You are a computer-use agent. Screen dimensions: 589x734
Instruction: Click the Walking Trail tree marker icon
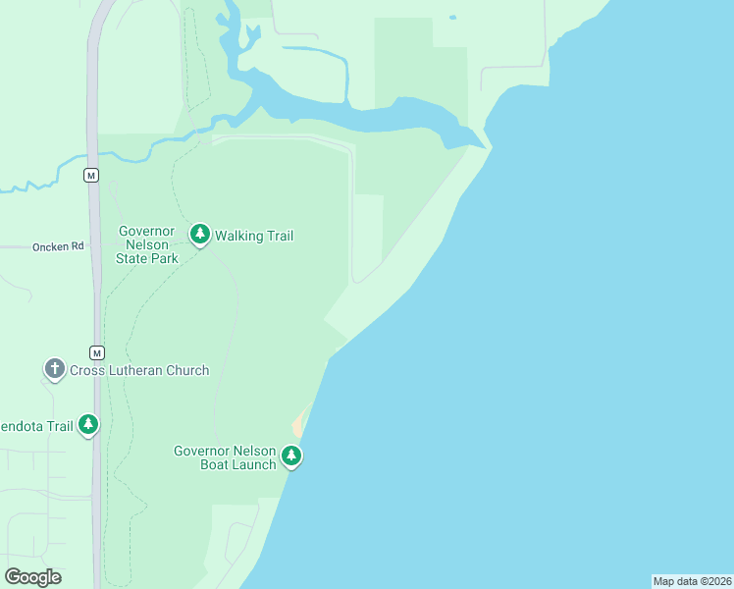pyautogui.click(x=201, y=234)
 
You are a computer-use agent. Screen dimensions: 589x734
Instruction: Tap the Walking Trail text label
pyautogui.click(x=254, y=236)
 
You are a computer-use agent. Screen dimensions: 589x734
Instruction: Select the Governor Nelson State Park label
pyautogui.click(x=147, y=244)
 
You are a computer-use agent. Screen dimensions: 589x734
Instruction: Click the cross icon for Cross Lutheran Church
pyautogui.click(x=54, y=369)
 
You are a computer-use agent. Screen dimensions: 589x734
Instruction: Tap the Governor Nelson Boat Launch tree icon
pyautogui.click(x=290, y=455)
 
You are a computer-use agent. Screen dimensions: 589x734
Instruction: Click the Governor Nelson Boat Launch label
pyautogui.click(x=225, y=457)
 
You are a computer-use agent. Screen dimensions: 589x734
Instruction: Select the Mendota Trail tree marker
pyautogui.click(x=88, y=424)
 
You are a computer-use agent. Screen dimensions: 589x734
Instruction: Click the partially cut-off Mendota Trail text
pyautogui.click(x=36, y=426)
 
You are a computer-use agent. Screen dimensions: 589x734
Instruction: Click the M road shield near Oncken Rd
pyautogui.click(x=91, y=175)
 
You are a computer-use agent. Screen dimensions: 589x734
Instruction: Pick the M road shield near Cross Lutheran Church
pyautogui.click(x=96, y=352)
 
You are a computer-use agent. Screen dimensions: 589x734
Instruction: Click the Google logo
pyautogui.click(x=32, y=576)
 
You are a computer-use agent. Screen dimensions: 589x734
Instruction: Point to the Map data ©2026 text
pyautogui.click(x=692, y=581)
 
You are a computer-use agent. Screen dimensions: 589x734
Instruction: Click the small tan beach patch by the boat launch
pyautogui.click(x=297, y=427)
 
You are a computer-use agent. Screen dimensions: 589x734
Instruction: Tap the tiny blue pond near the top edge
pyautogui.click(x=452, y=17)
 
